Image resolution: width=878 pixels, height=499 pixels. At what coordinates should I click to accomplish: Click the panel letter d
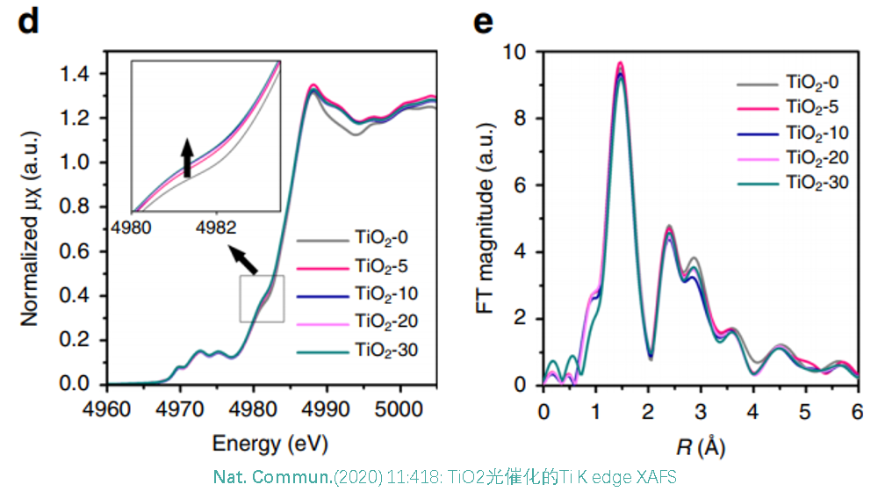[x=29, y=22]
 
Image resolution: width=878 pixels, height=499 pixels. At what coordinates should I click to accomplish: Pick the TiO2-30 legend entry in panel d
[x=378, y=351]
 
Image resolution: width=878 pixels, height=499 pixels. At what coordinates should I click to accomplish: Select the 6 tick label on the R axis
[x=857, y=409]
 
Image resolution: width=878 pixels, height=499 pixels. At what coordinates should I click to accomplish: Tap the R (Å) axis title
[x=700, y=447]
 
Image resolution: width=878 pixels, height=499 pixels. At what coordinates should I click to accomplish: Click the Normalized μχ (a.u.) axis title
[x=32, y=228]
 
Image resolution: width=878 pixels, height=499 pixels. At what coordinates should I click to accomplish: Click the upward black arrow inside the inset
[x=186, y=158]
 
